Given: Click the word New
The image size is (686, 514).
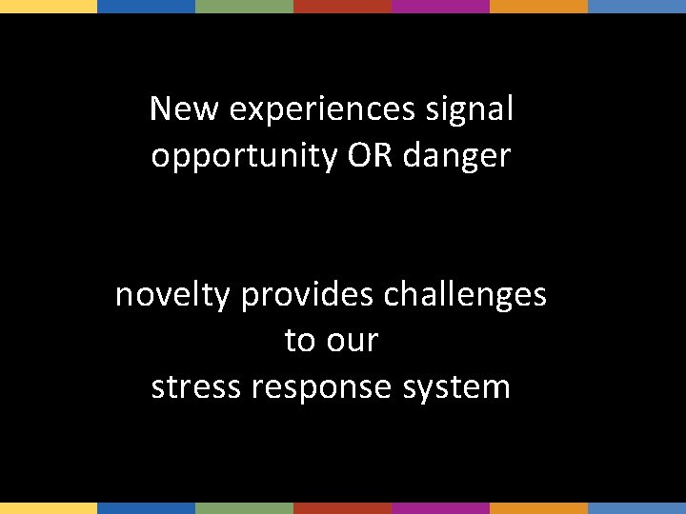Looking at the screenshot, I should pos(186,109).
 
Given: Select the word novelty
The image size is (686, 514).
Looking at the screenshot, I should pos(172,296).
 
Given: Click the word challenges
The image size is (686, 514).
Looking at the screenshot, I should pos(465,296).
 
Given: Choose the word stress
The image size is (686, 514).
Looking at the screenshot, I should pos(194,386).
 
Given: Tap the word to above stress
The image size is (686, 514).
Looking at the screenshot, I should pos(298,340).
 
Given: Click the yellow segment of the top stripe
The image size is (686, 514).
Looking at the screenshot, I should pos(49,6).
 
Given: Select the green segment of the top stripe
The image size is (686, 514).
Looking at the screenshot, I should pos(245,6).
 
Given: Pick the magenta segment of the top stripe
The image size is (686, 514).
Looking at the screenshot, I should pos(440,6).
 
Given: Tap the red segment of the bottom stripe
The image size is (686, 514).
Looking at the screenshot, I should pos(343,508).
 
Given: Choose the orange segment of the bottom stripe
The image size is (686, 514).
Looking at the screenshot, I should pos(538,508).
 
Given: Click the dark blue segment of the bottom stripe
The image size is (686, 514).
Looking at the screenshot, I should pos(147,508).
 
